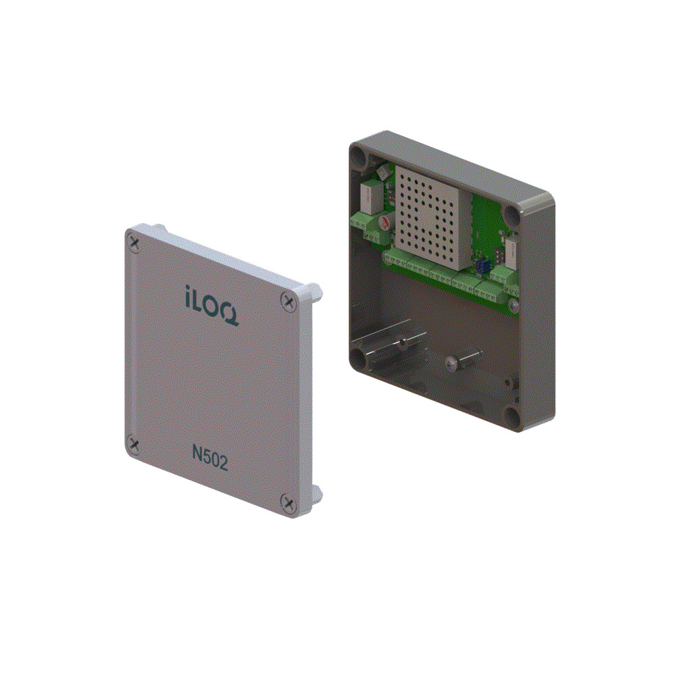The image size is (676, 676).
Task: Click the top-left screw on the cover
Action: click(x=137, y=241)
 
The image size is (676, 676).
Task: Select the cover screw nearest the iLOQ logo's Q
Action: click(x=289, y=299)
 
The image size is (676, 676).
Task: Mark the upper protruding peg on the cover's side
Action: click(x=314, y=292)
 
